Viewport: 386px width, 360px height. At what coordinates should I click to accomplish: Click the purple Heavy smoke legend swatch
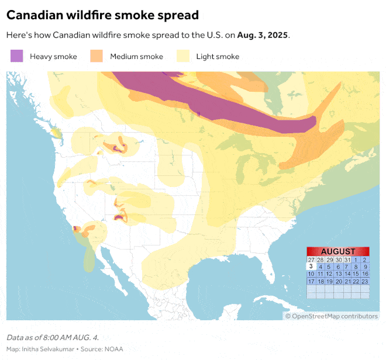(x=16, y=56)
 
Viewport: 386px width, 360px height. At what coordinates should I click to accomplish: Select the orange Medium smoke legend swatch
(x=96, y=56)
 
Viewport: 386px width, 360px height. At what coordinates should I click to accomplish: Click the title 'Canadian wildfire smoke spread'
(x=102, y=15)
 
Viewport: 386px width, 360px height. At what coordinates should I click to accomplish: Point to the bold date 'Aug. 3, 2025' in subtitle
(x=263, y=35)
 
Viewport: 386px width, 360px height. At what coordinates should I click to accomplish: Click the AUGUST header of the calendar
(x=338, y=251)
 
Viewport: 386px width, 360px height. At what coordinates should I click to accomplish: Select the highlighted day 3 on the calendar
(x=311, y=266)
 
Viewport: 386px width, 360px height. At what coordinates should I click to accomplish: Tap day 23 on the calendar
(x=365, y=281)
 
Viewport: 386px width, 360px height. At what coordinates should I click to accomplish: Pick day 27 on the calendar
(x=311, y=259)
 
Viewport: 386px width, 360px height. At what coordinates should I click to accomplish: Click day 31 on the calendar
(x=347, y=259)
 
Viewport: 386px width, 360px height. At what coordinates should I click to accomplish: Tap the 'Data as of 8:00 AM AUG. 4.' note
(x=52, y=338)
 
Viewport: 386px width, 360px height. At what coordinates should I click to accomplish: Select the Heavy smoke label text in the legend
(x=54, y=57)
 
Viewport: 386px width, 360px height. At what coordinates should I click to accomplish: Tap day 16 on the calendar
(x=365, y=274)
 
